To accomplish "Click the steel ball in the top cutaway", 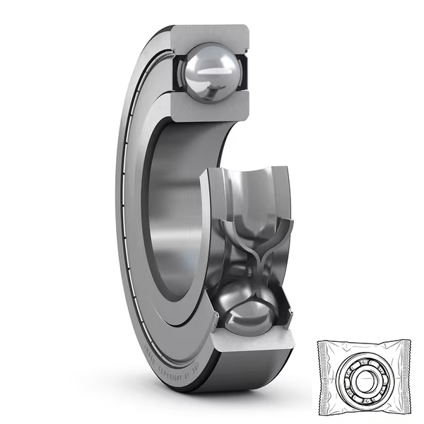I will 210,71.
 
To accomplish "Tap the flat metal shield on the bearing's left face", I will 134,212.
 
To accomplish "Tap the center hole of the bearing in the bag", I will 364,380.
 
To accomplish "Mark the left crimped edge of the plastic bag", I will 322,378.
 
